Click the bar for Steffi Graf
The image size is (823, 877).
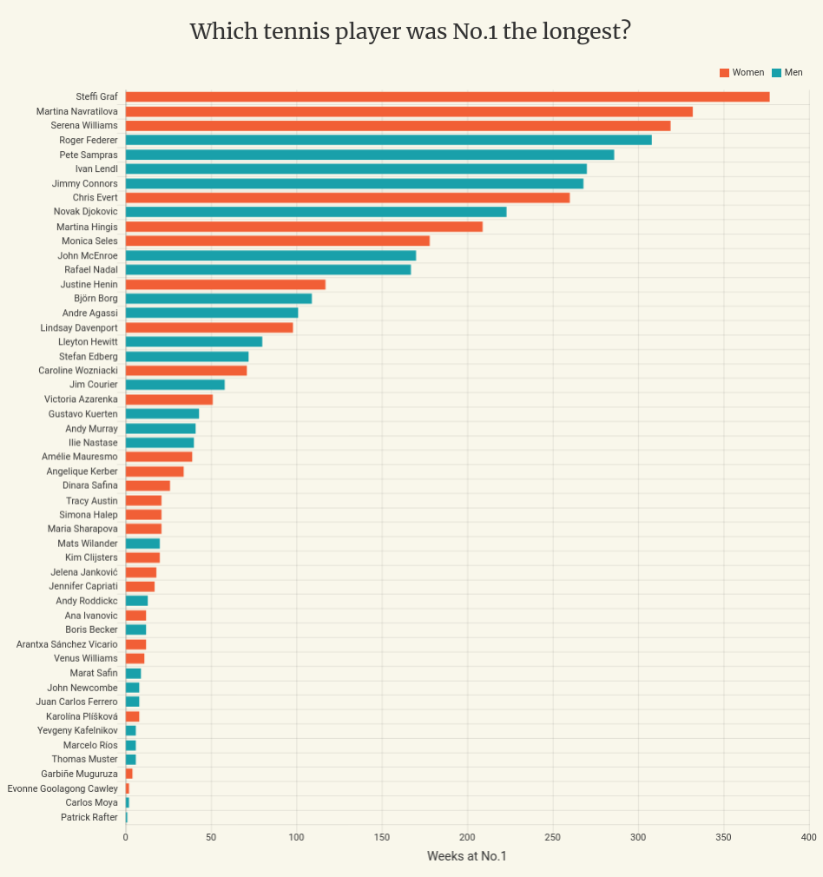pyautogui.click(x=447, y=96)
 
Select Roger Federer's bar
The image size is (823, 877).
pyautogui.click(x=388, y=140)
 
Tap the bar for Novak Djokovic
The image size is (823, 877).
pyautogui.click(x=316, y=212)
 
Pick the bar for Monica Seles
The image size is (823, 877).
pyautogui.click(x=278, y=241)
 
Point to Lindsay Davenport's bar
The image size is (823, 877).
pyautogui.click(x=209, y=327)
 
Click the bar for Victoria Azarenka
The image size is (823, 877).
pyautogui.click(x=169, y=399)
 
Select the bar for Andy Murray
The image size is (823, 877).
pyautogui.click(x=161, y=428)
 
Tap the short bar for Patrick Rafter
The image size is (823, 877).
pyautogui.click(x=127, y=817)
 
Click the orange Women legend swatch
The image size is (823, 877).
pyautogui.click(x=724, y=73)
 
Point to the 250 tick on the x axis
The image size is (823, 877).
pyautogui.click(x=638, y=837)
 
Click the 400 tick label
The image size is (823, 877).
pyautogui.click(x=808, y=837)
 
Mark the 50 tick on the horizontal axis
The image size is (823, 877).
pyautogui.click(x=211, y=837)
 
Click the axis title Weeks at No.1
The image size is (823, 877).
pyautogui.click(x=466, y=857)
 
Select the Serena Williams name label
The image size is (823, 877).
pyautogui.click(x=84, y=125)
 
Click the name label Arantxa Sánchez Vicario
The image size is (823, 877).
pyautogui.click(x=67, y=644)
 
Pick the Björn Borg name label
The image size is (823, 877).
pyautogui.click(x=95, y=298)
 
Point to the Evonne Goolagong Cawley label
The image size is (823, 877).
pyautogui.click(x=63, y=788)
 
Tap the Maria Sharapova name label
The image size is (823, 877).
pyautogui.click(x=82, y=529)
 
